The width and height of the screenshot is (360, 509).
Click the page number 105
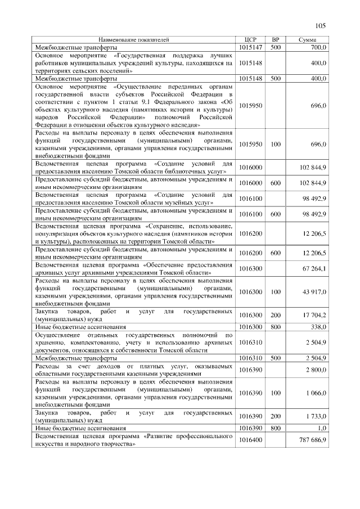(321, 25)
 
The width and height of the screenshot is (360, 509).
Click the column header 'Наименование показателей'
(133, 40)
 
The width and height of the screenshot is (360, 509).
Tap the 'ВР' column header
(275, 40)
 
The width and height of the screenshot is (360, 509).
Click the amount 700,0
(318, 48)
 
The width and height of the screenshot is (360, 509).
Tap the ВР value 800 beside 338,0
(275, 326)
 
